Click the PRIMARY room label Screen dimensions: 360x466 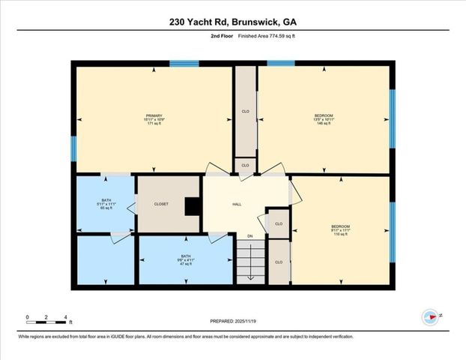pos(154,119)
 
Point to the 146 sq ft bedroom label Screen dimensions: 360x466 pos(324,119)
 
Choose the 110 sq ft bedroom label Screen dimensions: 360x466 pos(341,230)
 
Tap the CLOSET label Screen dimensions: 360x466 pos(161,204)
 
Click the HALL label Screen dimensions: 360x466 pos(237,204)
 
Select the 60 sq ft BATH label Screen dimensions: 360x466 pos(106,204)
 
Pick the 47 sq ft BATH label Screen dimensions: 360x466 pos(184,260)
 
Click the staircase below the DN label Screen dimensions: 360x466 pos(250,262)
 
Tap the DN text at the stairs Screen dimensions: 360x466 pos(250,236)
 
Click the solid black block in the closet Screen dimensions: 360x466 pos(193,205)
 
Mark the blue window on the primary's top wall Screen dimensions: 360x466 pos(184,64)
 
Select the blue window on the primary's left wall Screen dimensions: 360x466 pos(73,148)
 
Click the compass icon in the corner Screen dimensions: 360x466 pos(430,317)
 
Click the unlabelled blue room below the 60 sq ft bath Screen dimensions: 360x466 pos(105,259)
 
